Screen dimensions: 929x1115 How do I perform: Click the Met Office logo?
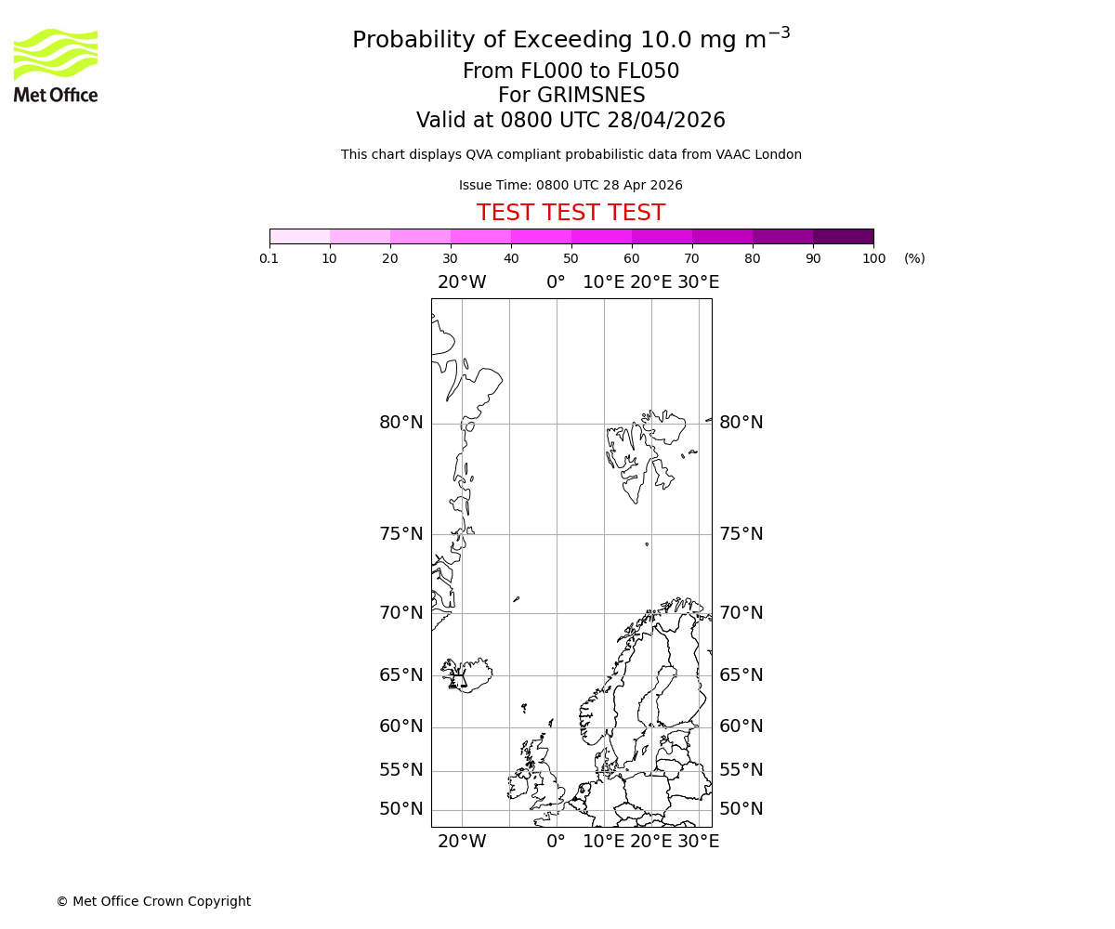click(x=56, y=65)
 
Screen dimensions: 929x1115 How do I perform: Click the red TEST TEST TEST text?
click(x=571, y=213)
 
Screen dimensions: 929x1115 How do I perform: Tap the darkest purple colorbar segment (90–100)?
click(x=843, y=236)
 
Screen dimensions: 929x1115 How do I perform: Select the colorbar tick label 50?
click(x=571, y=259)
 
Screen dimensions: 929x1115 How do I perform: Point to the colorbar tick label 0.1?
click(x=269, y=259)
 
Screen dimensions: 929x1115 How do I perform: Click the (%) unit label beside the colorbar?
click(x=914, y=259)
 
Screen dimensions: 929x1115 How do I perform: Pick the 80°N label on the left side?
click(x=400, y=423)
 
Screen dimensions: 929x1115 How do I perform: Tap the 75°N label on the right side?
click(x=741, y=534)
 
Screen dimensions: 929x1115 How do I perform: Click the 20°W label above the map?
click(x=462, y=282)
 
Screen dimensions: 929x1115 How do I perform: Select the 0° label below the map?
click(x=556, y=842)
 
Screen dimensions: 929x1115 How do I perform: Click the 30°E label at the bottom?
click(x=698, y=842)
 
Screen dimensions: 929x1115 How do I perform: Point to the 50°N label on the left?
click(x=400, y=809)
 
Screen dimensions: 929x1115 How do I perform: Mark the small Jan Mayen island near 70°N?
click(x=516, y=599)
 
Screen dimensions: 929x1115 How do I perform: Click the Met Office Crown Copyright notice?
click(x=153, y=901)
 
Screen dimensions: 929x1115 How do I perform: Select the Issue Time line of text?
click(x=571, y=185)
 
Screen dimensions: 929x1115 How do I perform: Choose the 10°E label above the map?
click(x=603, y=282)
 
